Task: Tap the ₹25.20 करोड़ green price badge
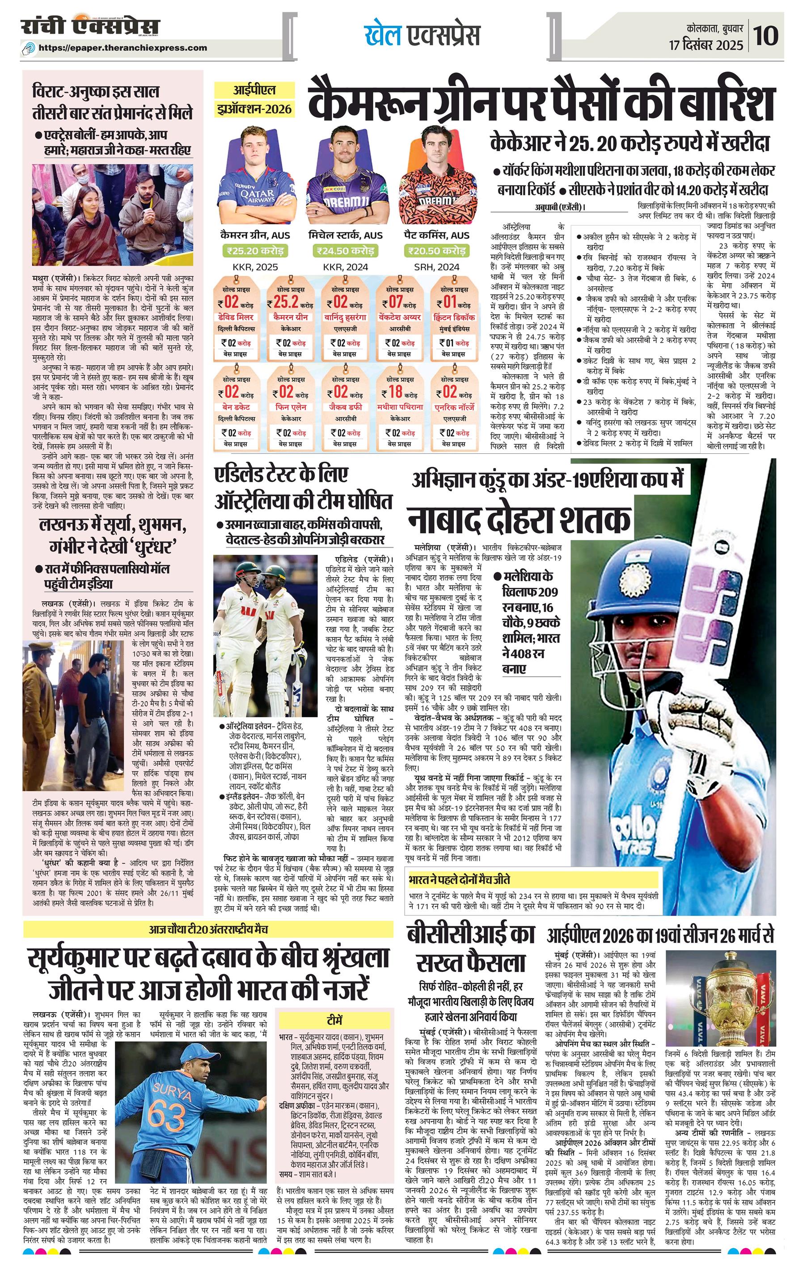(x=255, y=251)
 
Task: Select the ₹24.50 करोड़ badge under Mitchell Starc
(x=345, y=251)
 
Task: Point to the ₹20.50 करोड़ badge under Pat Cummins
(x=436, y=251)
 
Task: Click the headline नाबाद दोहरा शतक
(x=519, y=520)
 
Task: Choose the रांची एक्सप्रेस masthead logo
(x=89, y=26)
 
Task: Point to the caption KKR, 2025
(x=255, y=266)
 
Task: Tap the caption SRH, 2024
(x=436, y=266)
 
